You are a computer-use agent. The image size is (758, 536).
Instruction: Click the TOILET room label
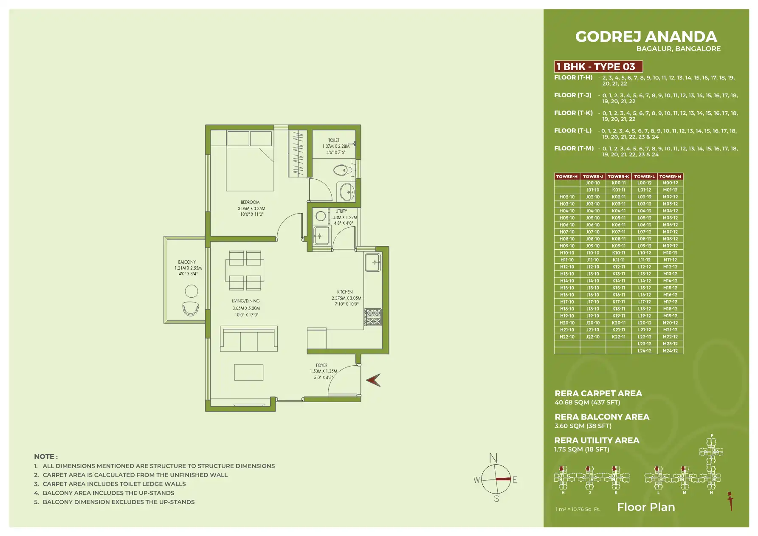(334, 140)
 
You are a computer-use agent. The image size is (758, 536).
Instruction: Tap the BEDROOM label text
(250, 202)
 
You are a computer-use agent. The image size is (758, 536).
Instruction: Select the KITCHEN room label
(345, 292)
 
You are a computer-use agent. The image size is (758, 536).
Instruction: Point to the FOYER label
(321, 365)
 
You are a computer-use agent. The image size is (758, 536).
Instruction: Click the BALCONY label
(187, 262)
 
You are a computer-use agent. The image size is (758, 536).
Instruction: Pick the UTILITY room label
(341, 211)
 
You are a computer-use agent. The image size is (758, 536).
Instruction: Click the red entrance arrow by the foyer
(373, 380)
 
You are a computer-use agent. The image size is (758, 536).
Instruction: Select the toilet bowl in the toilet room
(341, 171)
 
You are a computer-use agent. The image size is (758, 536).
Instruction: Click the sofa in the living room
(249, 339)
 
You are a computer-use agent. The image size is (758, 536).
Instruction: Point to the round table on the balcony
(192, 291)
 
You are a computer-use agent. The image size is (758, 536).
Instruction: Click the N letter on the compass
(493, 458)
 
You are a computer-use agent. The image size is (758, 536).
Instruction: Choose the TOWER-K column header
(618, 176)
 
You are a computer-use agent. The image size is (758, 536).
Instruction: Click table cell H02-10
(567, 197)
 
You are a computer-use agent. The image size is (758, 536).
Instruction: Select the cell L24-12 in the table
(644, 351)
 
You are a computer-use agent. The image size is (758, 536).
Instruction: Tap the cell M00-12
(670, 183)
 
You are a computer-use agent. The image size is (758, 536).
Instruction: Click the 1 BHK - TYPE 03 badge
(598, 67)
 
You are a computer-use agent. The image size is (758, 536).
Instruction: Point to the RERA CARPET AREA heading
(598, 393)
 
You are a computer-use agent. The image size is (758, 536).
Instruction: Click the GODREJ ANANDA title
(646, 37)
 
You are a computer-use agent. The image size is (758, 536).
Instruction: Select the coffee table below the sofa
(249, 372)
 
